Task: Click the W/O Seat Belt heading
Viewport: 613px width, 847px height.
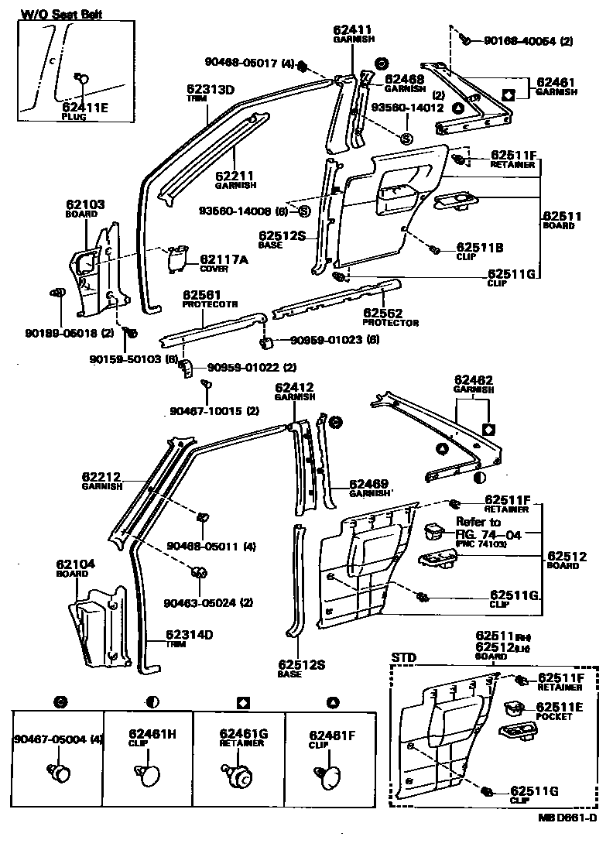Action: click(61, 15)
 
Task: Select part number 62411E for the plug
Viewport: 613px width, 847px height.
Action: click(85, 108)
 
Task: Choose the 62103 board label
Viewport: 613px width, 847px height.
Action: click(85, 205)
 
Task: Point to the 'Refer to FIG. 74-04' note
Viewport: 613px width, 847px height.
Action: click(478, 527)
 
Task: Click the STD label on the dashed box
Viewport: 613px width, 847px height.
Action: click(403, 658)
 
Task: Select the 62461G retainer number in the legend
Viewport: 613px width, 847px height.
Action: click(243, 733)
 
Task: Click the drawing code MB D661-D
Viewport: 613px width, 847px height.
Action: click(567, 817)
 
